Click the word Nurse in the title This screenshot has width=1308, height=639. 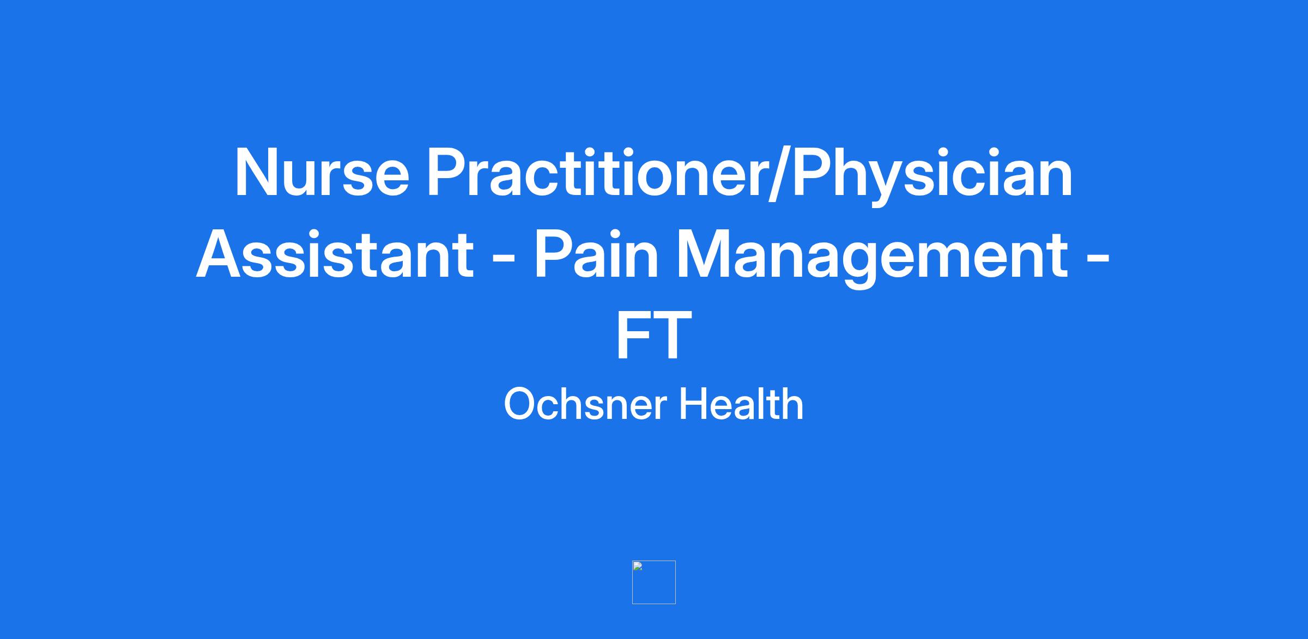[x=322, y=173]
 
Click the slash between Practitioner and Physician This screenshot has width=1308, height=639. [x=780, y=175]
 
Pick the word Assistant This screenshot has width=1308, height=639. [x=335, y=254]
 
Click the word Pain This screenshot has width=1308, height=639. [x=596, y=254]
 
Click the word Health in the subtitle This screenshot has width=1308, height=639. [x=741, y=404]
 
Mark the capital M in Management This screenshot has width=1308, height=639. [x=703, y=254]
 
